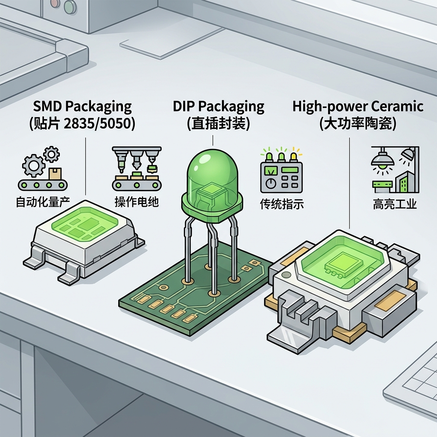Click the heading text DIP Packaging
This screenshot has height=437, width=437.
click(x=218, y=106)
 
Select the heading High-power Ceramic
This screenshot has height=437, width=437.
click(x=358, y=106)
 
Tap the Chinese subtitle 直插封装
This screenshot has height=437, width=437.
click(x=218, y=124)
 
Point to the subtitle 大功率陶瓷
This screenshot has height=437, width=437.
click(x=358, y=124)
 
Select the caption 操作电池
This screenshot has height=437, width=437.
click(x=137, y=202)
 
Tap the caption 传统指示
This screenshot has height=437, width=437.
click(x=282, y=204)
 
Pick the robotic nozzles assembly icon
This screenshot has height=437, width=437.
click(x=137, y=168)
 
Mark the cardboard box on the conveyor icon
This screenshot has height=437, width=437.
click(x=54, y=174)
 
